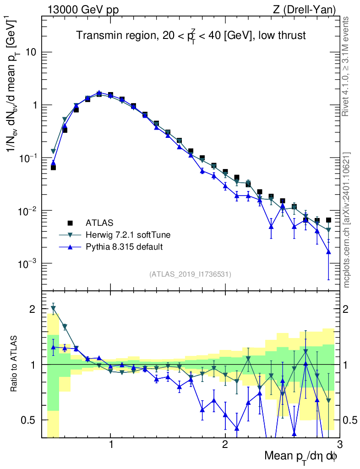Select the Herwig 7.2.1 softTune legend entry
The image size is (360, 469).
coord(128,235)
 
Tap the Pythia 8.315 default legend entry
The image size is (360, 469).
coord(124,247)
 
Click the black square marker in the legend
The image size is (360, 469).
coord(70,223)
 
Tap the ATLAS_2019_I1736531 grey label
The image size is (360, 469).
coord(190,274)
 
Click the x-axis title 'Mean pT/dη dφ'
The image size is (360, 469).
coord(301,456)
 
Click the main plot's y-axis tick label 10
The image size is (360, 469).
coord(32,52)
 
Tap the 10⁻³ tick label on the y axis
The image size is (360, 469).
coord(29,264)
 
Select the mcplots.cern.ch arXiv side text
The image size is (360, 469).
coord(347,220)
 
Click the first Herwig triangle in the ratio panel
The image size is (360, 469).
coord(54,308)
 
